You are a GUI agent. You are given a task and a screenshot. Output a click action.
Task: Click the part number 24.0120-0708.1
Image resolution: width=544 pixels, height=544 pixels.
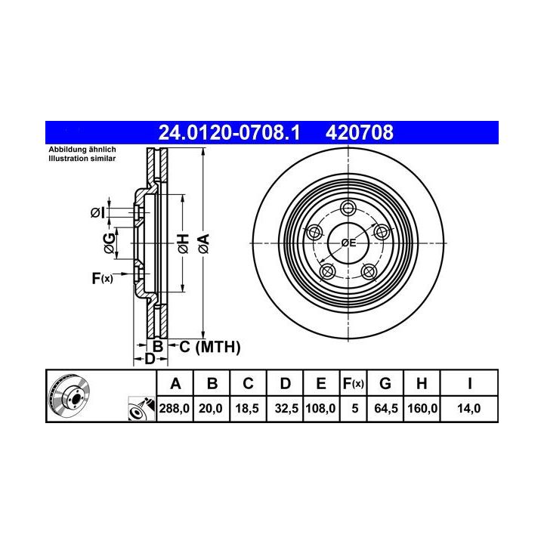[229, 133]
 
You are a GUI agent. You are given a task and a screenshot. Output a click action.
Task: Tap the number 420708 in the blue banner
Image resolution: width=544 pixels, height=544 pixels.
[360, 133]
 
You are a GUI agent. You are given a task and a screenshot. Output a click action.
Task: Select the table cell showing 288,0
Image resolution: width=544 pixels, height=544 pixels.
[175, 408]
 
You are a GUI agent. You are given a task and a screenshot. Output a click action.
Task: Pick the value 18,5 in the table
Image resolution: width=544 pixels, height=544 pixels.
[247, 408]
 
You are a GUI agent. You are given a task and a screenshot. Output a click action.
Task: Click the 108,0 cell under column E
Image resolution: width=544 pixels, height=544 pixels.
[320, 408]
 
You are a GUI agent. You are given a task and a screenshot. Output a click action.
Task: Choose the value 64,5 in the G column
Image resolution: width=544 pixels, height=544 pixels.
[386, 408]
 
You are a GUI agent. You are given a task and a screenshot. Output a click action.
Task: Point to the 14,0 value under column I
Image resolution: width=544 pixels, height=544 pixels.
[468, 408]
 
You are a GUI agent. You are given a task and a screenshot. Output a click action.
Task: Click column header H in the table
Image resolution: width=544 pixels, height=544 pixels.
[422, 383]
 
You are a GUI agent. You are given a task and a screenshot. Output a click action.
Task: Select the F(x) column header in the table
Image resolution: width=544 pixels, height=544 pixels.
[353, 384]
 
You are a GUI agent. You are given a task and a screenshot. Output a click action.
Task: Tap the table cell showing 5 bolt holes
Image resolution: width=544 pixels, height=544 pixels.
[354, 408]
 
